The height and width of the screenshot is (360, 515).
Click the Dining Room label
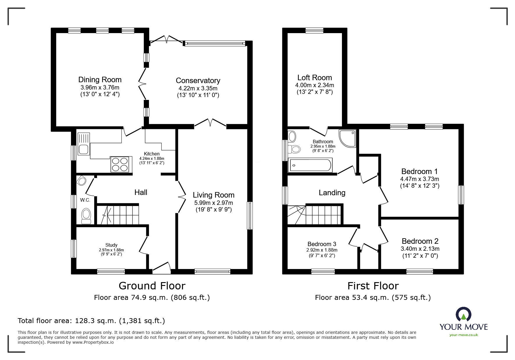(x=100, y=80)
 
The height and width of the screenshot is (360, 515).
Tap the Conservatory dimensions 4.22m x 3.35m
(x=198, y=88)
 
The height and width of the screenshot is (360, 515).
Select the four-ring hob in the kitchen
(x=120, y=164)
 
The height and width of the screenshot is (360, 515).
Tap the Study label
(x=111, y=245)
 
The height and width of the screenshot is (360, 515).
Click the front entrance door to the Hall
(x=161, y=268)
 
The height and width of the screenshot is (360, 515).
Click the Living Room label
(x=213, y=195)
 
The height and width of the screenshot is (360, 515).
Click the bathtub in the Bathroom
(x=310, y=165)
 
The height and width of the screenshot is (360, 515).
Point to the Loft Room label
(x=314, y=78)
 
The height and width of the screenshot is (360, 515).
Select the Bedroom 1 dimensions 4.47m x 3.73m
(x=419, y=179)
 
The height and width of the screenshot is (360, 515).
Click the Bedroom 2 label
(x=420, y=241)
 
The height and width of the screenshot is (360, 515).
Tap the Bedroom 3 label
(x=322, y=244)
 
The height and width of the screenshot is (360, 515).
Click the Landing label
(x=332, y=193)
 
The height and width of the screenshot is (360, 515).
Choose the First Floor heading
(x=373, y=286)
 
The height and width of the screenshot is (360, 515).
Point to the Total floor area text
(x=91, y=321)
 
